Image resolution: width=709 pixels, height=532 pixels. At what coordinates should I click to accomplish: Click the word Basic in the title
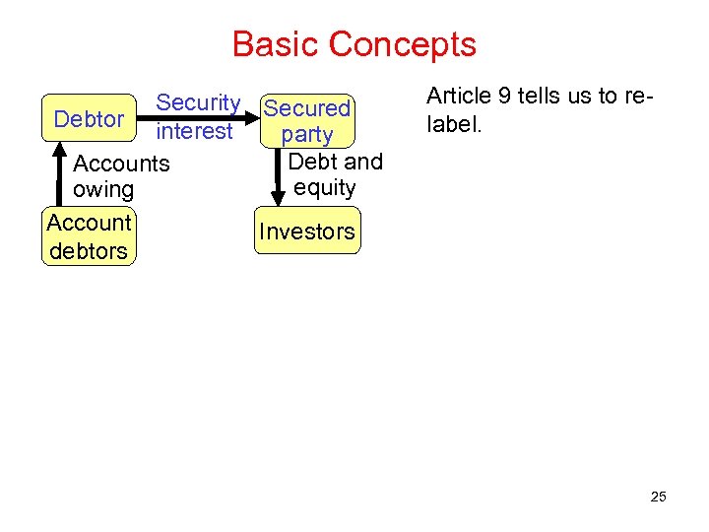276,44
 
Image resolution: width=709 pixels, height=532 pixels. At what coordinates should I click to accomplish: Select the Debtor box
89,119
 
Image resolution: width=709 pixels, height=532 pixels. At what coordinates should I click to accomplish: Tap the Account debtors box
89,236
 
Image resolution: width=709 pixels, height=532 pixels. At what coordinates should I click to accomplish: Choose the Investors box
307,232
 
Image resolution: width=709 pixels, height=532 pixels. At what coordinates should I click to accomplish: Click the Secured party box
307,120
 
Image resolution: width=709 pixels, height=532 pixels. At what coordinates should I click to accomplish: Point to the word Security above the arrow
198,102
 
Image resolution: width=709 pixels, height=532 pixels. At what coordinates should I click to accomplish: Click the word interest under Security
194,131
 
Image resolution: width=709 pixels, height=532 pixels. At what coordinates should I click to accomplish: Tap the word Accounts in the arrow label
121,163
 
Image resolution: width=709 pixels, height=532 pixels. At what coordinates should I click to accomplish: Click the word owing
103,189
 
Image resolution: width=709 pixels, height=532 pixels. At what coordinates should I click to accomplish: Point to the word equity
324,187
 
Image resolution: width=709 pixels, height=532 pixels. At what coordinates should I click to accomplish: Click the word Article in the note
457,97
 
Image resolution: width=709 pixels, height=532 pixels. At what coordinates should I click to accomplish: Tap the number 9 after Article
503,97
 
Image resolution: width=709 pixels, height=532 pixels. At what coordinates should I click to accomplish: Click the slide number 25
658,497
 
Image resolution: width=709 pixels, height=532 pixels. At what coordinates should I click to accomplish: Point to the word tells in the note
538,97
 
